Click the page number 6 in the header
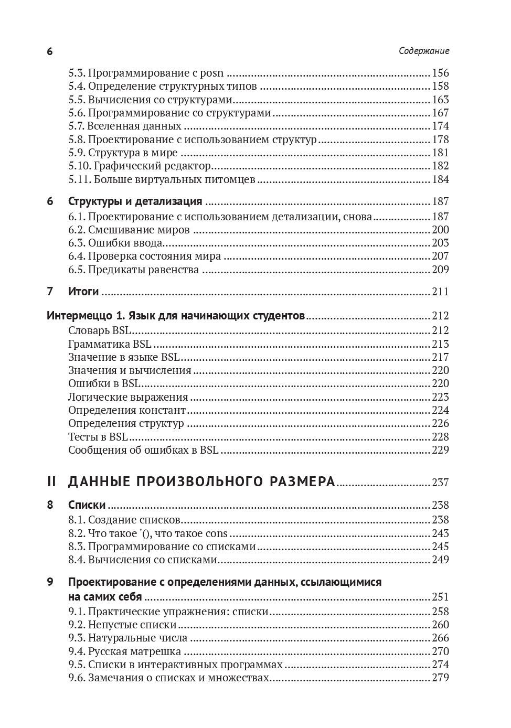50,51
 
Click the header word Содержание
424,51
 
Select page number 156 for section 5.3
440,73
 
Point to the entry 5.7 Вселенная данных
125,126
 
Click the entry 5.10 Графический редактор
140,166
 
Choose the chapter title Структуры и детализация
135,202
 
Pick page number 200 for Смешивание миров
440,230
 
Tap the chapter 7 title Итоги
83,292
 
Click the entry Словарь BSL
100,330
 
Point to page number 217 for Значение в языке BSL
440,357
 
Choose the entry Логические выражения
128,397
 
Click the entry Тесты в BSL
98,437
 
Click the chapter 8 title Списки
87,505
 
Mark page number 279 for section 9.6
440,678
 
